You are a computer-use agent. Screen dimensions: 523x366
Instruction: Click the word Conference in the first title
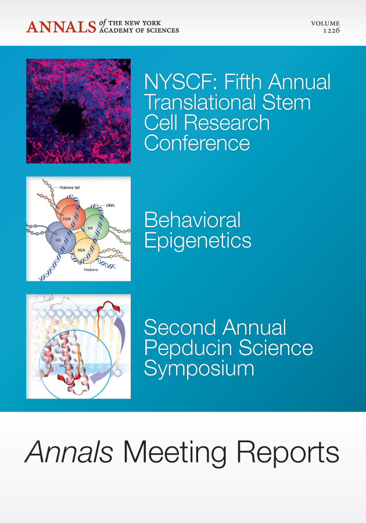[197, 142]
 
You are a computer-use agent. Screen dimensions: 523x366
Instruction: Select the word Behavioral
[192, 220]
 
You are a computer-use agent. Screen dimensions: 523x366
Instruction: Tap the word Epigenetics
[198, 240]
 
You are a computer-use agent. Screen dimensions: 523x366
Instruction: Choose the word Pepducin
[189, 348]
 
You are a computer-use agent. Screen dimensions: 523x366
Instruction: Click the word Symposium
[199, 368]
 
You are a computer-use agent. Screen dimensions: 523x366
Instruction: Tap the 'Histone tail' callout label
[71, 188]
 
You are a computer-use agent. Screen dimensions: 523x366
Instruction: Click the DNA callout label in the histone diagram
[110, 205]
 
